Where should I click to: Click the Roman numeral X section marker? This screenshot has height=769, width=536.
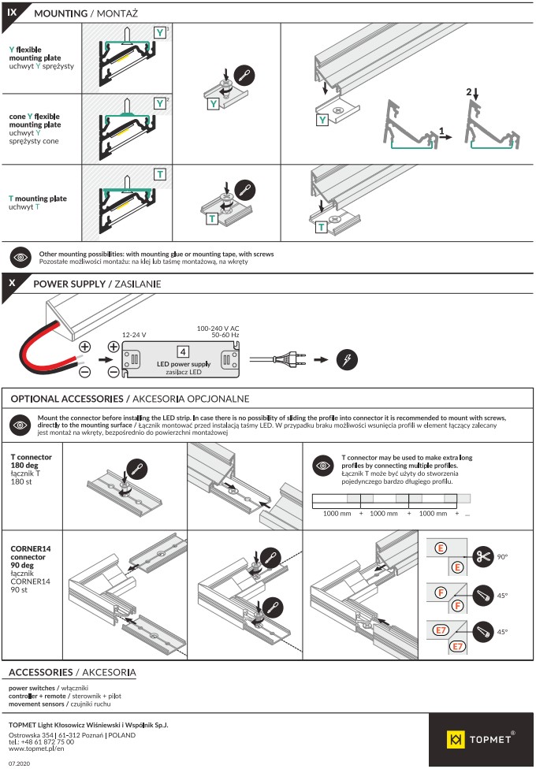tap(12, 283)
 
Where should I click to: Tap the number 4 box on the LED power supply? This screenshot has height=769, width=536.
tap(183, 351)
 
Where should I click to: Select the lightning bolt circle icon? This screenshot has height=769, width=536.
tap(347, 359)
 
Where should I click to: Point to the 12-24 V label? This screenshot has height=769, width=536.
tap(134, 335)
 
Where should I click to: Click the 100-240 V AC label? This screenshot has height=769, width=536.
tap(218, 328)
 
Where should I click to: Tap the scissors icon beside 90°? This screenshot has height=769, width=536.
tap(483, 556)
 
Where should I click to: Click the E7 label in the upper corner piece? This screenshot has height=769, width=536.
tap(441, 630)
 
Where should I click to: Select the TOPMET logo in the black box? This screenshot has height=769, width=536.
tap(481, 740)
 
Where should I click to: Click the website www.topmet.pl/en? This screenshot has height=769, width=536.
tap(36, 749)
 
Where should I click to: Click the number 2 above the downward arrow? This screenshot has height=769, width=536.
tap(469, 91)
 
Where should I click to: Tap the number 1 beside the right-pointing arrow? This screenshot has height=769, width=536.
tap(442, 131)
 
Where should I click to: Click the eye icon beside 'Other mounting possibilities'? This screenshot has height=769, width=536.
tap(20, 257)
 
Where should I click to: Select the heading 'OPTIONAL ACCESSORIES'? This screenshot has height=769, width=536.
tap(67, 399)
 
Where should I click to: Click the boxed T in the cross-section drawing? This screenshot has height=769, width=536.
tap(160, 174)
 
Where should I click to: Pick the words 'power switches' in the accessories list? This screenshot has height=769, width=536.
tap(32, 688)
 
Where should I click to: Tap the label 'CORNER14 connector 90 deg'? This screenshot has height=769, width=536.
tap(31, 557)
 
